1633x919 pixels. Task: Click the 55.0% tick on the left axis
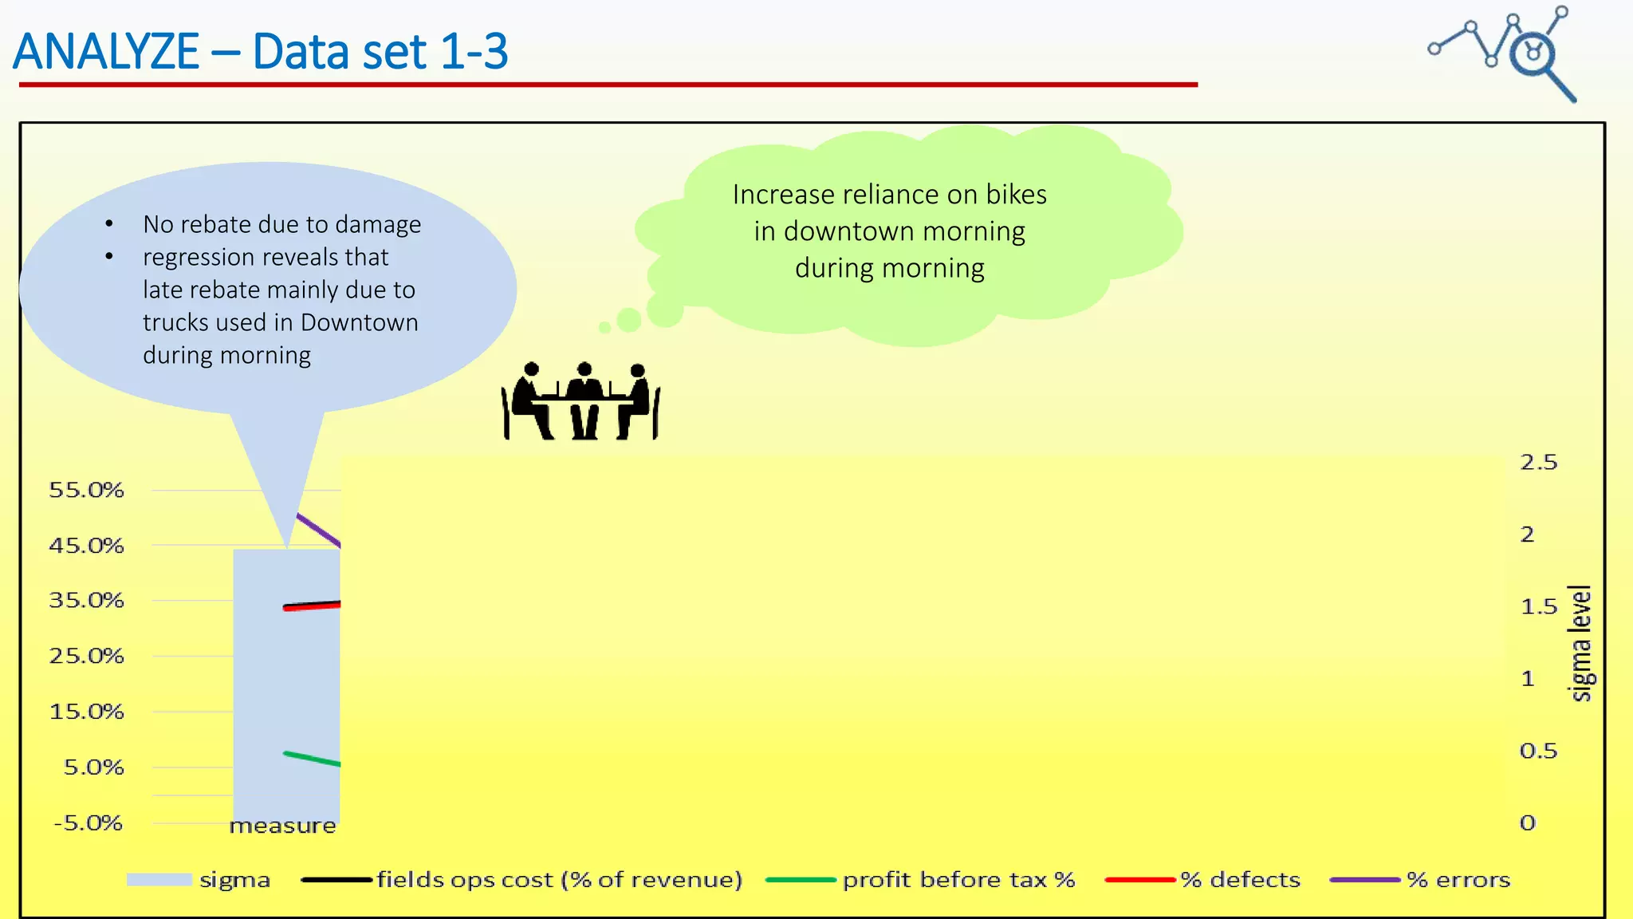point(86,490)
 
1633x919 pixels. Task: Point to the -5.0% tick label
point(88,822)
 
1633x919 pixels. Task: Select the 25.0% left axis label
point(86,656)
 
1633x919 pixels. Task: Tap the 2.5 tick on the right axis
point(1538,463)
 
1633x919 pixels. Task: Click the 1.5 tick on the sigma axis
point(1538,607)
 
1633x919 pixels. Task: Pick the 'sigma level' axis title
point(1580,643)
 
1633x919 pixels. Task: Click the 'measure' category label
point(282,826)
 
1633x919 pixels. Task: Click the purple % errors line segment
point(319,530)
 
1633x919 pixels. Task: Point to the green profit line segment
point(313,759)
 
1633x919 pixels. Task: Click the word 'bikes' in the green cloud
point(1016,195)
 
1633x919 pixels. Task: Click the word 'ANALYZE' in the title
point(106,52)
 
